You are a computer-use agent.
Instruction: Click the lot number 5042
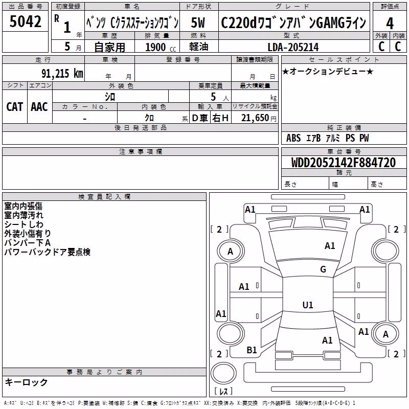click(x=25, y=21)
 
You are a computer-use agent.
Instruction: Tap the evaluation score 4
click(x=390, y=24)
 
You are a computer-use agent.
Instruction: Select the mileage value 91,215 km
click(x=62, y=73)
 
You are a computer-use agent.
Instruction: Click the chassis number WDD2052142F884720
click(x=344, y=163)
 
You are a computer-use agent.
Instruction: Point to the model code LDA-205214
click(x=293, y=47)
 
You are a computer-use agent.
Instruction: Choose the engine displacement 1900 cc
click(x=161, y=47)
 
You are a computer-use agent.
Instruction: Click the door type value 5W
click(x=198, y=22)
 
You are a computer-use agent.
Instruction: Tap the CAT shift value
click(x=15, y=107)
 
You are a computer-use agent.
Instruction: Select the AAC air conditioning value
click(x=39, y=107)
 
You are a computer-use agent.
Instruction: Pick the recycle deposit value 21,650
click(x=255, y=118)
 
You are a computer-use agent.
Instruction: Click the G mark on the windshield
click(x=323, y=269)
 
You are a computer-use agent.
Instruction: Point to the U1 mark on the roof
click(x=308, y=305)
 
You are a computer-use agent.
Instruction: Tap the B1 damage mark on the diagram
click(x=252, y=350)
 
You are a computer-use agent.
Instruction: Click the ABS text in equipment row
click(x=293, y=138)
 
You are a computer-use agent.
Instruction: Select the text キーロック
click(x=26, y=382)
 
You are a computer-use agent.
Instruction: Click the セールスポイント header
click(x=344, y=60)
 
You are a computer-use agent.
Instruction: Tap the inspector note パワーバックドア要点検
click(x=47, y=252)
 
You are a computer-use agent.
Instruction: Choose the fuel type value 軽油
click(x=198, y=47)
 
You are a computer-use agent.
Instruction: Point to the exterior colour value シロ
click(x=110, y=97)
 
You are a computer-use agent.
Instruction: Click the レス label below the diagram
click(x=223, y=391)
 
